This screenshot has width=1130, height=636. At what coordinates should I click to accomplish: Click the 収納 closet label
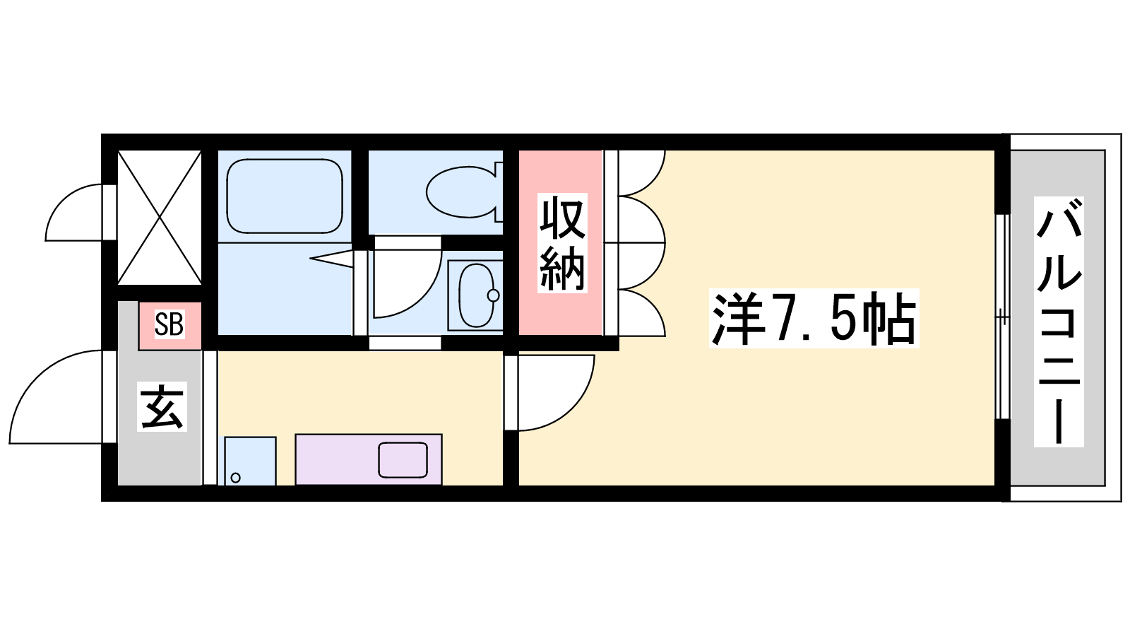click(x=562, y=243)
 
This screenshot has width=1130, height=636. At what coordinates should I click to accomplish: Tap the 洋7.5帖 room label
click(x=814, y=319)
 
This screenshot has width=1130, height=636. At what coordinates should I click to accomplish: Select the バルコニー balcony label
click(x=1059, y=322)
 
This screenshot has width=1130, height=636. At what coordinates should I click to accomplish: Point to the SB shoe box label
click(x=169, y=324)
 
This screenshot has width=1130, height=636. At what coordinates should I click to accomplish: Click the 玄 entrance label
click(x=162, y=406)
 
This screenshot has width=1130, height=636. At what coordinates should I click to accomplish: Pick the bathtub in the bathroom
click(x=285, y=196)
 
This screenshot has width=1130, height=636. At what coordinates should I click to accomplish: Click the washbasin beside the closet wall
click(x=476, y=295)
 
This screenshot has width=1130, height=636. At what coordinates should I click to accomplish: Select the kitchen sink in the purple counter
click(x=403, y=460)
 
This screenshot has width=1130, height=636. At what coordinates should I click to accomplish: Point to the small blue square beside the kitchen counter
click(x=250, y=461)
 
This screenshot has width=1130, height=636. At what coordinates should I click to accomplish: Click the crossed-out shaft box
click(x=160, y=218)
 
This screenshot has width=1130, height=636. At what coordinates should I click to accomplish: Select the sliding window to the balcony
click(x=1003, y=317)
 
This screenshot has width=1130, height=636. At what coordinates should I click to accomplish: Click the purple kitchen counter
click(x=368, y=459)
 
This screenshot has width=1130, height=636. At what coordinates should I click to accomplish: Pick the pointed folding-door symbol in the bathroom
click(x=331, y=259)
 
